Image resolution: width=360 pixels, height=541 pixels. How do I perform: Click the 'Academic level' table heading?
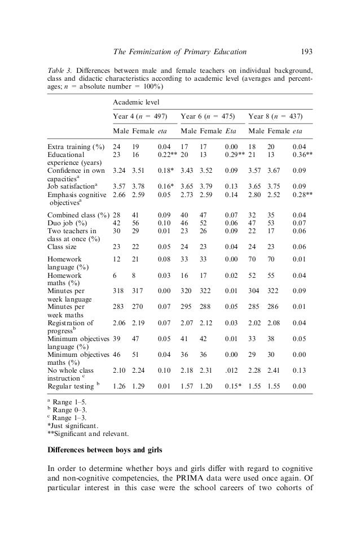click(x=136, y=102)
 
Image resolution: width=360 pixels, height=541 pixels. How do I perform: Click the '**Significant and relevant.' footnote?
click(x=87, y=433)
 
